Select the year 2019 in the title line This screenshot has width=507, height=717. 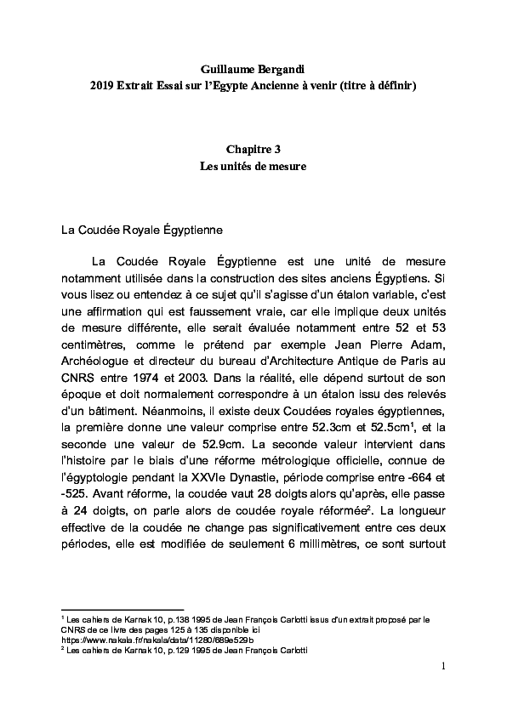click(104, 87)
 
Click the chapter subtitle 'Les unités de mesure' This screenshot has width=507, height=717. click(253, 166)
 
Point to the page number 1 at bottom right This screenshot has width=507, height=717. click(443, 664)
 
